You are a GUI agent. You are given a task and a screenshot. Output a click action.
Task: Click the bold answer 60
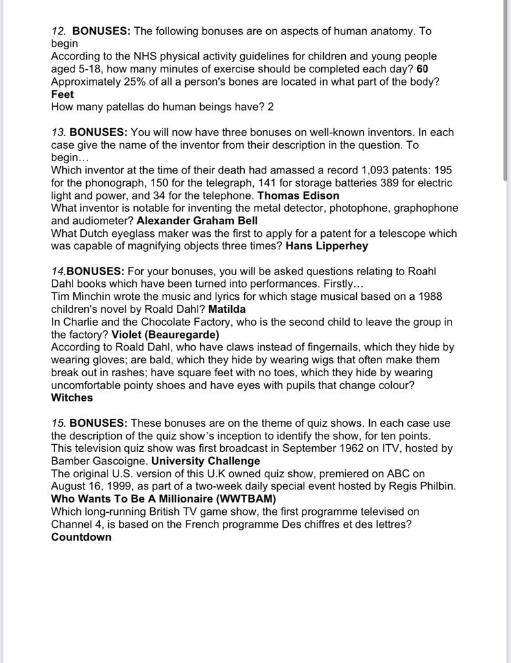(422, 69)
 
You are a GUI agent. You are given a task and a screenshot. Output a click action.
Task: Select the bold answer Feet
(62, 95)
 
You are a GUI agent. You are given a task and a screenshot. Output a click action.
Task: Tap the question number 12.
(59, 31)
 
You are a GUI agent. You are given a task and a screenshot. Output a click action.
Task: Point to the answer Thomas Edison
(298, 196)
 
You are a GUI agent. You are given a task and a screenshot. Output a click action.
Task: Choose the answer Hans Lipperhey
(326, 246)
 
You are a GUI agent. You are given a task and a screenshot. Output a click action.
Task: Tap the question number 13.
(58, 132)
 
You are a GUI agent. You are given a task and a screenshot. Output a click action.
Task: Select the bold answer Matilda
(227, 309)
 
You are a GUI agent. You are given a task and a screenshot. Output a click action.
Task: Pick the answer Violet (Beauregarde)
(165, 335)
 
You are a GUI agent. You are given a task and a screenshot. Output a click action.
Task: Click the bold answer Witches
(72, 398)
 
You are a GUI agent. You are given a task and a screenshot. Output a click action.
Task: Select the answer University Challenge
(205, 461)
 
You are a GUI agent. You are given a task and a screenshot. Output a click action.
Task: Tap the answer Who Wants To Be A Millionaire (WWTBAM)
(163, 499)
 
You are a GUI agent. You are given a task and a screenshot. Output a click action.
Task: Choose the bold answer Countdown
(81, 537)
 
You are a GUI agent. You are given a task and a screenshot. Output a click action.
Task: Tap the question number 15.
(58, 423)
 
